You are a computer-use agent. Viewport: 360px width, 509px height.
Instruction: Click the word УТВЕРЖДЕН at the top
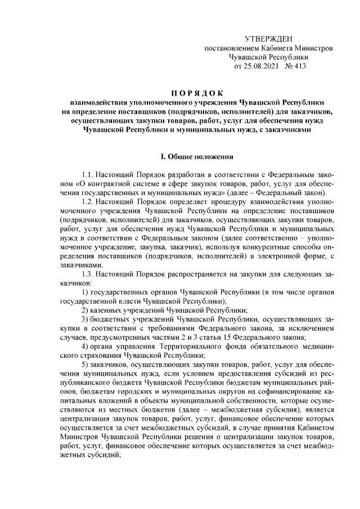click(269, 38)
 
